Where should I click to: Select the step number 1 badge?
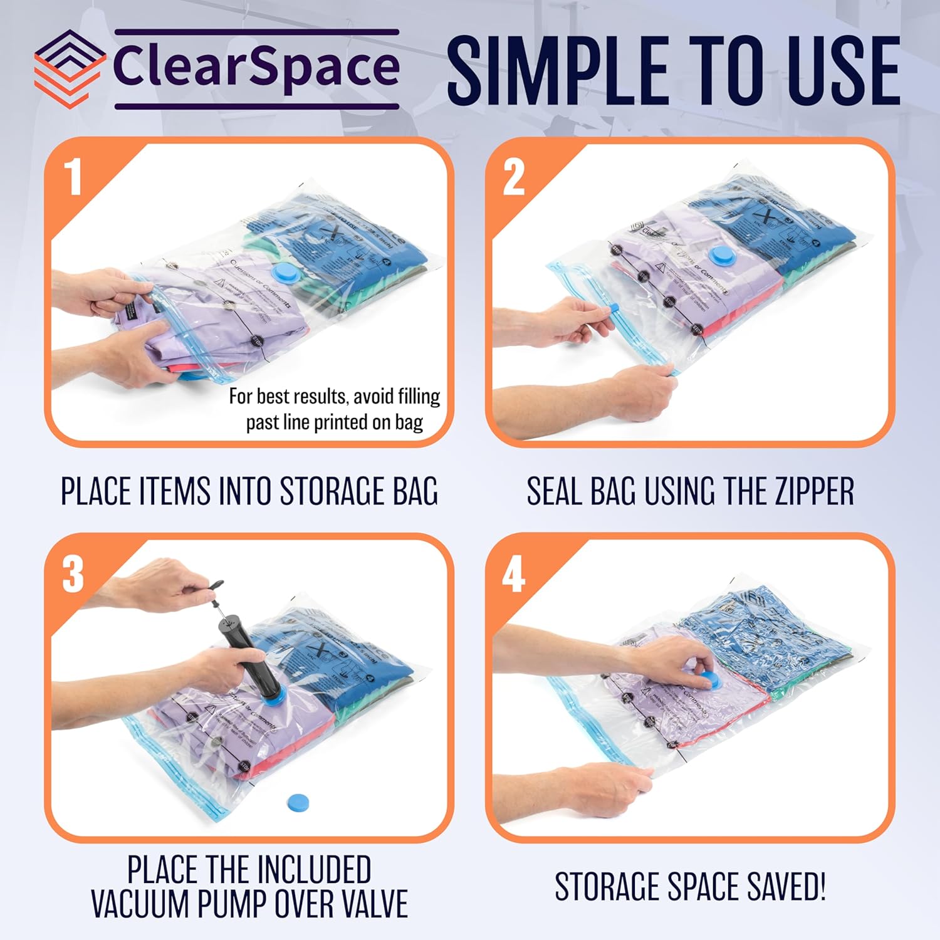pos(74,177)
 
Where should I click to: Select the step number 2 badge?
pos(514,177)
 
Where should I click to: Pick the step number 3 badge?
pos(73,574)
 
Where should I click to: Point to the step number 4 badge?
pos(513,575)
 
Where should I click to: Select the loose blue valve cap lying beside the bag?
pos(299,802)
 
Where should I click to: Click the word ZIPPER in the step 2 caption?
pos(815,491)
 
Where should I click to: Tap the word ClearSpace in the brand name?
pos(256,68)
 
